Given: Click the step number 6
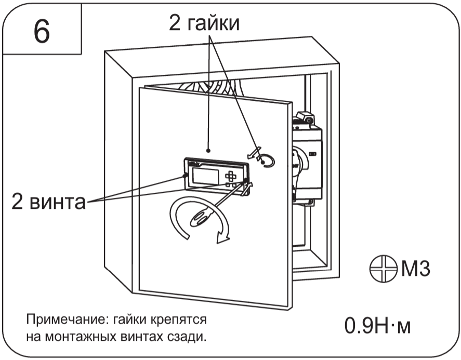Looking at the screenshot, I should click(42, 32).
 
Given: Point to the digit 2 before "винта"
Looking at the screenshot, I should click(19, 203).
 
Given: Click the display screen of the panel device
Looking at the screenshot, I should click(206, 176).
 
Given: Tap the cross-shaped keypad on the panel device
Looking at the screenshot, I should click(230, 177).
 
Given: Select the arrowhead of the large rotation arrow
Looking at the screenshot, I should click(222, 238).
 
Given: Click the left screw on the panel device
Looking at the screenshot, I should click(186, 176).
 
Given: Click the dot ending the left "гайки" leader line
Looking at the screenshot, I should click(209, 150).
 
